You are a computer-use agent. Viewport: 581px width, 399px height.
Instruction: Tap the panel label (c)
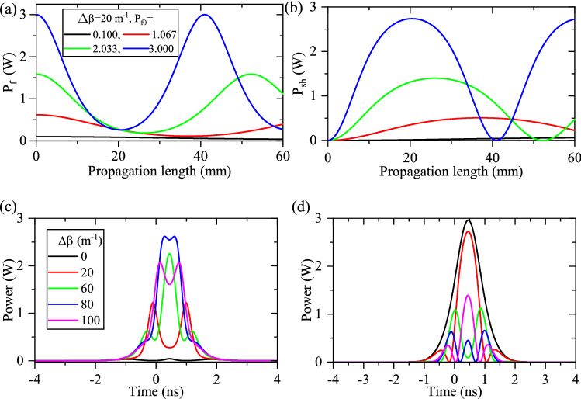click(11, 208)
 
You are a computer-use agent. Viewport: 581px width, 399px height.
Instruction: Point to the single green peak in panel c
click(169, 253)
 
